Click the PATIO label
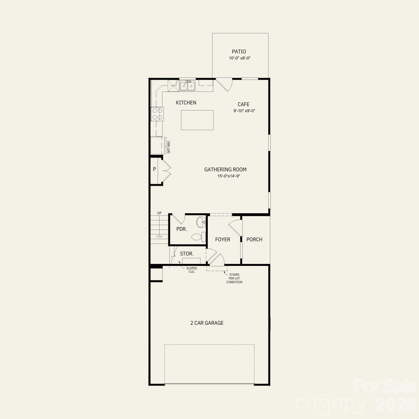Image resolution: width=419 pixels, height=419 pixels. (239, 52)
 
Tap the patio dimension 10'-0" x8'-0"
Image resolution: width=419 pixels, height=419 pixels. (240, 58)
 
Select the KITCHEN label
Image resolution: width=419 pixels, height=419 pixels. (186, 103)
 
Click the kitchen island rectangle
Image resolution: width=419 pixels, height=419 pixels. (197, 120)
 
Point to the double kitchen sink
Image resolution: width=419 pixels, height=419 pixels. (187, 86)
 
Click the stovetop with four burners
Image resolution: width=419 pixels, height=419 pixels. (157, 114)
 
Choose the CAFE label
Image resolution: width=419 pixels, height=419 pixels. (243, 104)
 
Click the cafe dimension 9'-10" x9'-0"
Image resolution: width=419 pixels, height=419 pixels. (244, 111)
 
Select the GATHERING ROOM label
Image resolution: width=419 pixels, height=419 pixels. (225, 170)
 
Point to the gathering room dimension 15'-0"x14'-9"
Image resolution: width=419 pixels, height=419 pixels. (229, 176)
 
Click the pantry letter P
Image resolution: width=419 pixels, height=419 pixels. (154, 169)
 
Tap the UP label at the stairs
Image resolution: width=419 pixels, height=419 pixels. (159, 213)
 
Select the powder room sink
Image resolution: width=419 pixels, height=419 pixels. (201, 222)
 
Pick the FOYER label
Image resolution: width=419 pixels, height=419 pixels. (223, 240)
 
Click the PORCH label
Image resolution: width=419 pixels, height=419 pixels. (254, 240)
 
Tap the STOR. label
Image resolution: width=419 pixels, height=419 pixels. (187, 254)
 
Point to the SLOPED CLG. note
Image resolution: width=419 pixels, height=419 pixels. (192, 270)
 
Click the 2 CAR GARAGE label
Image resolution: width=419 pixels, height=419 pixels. (207, 323)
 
